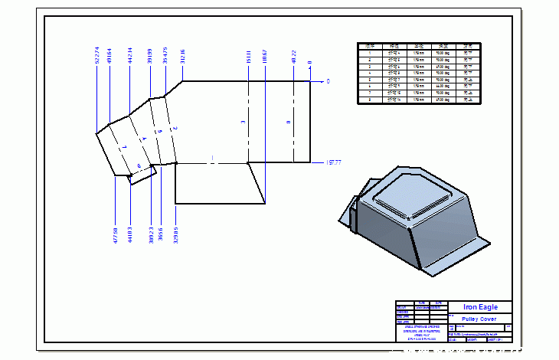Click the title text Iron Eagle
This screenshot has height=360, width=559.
[480, 307]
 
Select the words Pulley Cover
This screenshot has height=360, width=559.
[479, 319]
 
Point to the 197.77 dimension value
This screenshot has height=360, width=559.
[333, 162]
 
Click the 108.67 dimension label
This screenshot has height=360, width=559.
[264, 56]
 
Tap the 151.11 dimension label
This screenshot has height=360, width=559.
[249, 56]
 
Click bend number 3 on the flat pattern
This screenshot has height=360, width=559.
[243, 122]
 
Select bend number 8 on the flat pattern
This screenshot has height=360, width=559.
[288, 122]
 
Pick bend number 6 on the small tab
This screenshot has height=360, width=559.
[139, 165]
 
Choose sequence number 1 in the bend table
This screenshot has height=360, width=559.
[370, 52]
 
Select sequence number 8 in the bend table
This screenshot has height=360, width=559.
[370, 100]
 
